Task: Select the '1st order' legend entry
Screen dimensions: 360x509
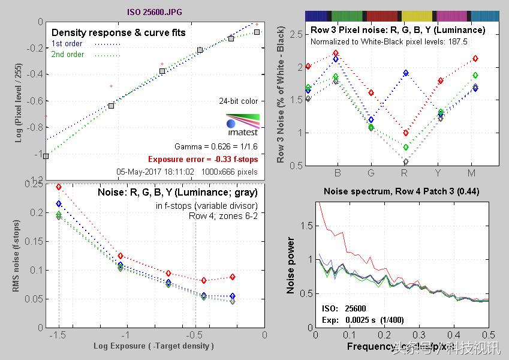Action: click(x=67, y=44)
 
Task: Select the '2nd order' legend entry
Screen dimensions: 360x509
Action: click(x=67, y=55)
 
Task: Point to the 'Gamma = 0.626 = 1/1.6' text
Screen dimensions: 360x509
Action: click(x=216, y=146)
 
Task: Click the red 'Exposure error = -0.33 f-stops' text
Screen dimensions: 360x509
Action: click(x=203, y=160)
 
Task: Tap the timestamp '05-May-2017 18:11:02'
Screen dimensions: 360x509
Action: click(x=155, y=172)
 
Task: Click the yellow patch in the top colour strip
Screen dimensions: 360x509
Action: click(x=418, y=16)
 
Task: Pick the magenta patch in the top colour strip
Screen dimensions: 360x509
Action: click(x=453, y=16)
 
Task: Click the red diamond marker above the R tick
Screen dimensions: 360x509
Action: click(x=406, y=133)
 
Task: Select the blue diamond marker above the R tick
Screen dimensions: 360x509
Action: click(x=406, y=73)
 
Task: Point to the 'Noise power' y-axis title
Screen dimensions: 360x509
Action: click(x=291, y=265)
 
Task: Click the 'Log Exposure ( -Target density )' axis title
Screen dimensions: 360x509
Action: click(x=153, y=346)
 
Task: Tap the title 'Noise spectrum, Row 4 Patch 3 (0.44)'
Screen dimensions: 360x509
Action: click(x=401, y=191)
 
